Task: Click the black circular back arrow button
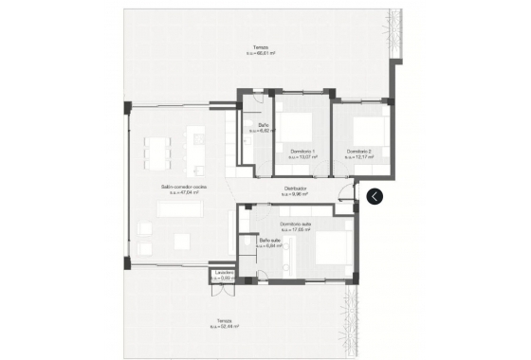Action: pyautogui.click(x=375, y=196)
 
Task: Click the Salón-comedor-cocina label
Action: pyautogui.click(x=184, y=188)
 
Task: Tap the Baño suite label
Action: pyautogui.click(x=270, y=240)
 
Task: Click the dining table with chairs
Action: pyautogui.click(x=158, y=149)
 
